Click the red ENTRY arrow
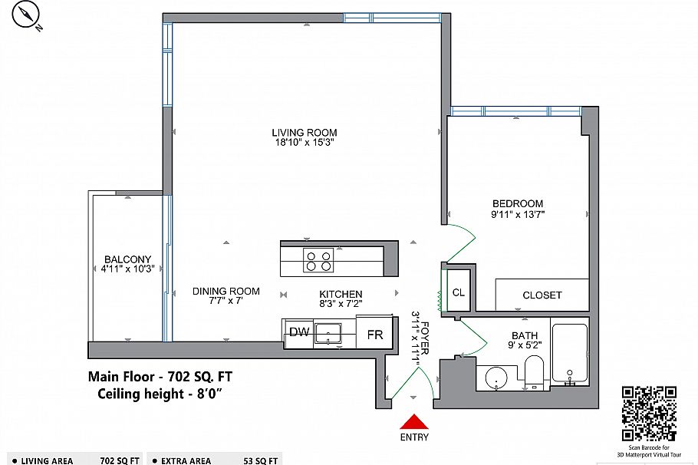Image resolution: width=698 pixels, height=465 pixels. pos(414,423)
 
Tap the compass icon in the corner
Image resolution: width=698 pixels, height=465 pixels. pos(29,16)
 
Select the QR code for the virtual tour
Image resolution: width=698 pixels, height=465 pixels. pos(648,413)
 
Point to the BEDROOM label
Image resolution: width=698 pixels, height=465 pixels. pos(518,203)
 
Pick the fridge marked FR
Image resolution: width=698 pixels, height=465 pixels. pos(375,335)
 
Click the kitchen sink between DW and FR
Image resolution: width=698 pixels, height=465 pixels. pos(331,333)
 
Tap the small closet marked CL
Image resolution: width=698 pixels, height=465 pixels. pos(459,292)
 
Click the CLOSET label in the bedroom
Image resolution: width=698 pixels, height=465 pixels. pos(542,295)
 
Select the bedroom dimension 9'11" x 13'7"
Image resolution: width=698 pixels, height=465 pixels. pos(518,215)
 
